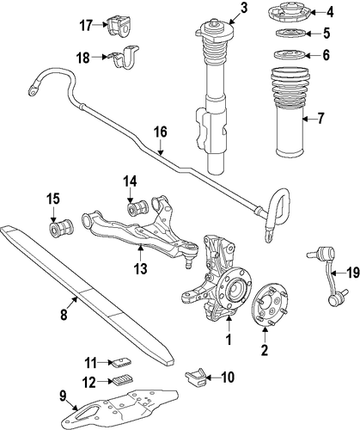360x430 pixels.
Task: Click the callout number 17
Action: point(86,26)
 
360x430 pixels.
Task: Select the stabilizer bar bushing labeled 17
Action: point(119,26)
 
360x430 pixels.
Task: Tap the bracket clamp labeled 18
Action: point(124,58)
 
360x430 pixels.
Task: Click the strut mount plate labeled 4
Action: point(290,12)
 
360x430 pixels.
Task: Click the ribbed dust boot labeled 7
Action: point(290,112)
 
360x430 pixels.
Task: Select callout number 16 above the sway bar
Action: point(161,132)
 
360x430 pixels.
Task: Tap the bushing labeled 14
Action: point(137,207)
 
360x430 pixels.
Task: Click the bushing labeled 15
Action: point(60,228)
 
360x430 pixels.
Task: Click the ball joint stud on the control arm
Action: point(188,263)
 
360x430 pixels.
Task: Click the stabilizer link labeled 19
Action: point(332,276)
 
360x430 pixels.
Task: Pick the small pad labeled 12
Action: point(122,380)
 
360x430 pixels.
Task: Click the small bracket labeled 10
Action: point(196,377)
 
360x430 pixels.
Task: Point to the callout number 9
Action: point(63,396)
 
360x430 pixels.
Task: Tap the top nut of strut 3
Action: point(215,22)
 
